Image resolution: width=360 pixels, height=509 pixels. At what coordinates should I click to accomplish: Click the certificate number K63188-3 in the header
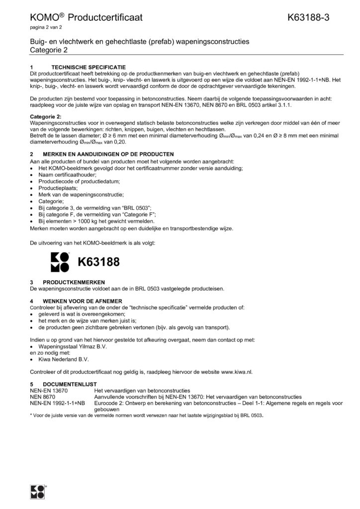(308, 18)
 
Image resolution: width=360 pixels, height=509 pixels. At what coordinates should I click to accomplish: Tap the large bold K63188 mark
(98, 262)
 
